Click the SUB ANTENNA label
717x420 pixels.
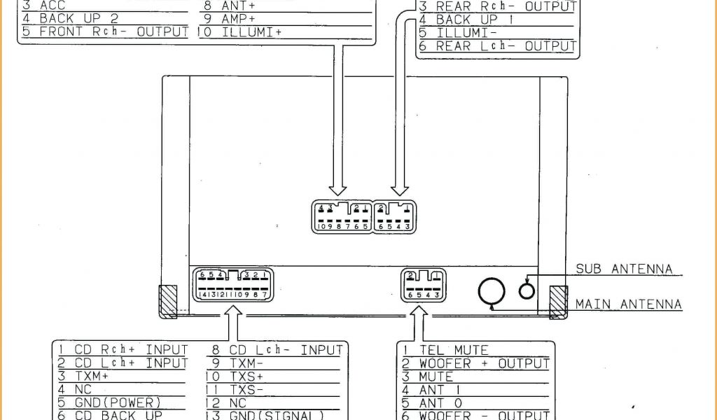point(624,269)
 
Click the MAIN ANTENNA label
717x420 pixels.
point(628,304)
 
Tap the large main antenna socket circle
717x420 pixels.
point(492,293)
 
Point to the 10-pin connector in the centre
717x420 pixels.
point(343,216)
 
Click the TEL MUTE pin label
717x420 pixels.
point(453,350)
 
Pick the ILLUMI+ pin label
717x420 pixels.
point(251,32)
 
